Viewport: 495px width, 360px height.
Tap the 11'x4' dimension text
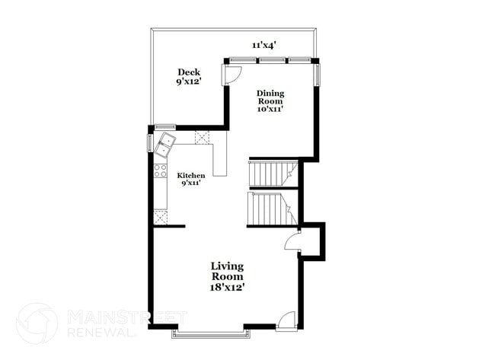[263, 45]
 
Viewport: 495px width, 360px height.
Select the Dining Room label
[270, 97]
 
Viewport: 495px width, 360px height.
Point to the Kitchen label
[192, 175]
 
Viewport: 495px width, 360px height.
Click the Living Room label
[228, 271]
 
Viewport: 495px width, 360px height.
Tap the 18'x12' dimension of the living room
[228, 288]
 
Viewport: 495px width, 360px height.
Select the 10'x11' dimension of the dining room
[270, 110]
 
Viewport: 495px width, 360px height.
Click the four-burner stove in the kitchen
[161, 170]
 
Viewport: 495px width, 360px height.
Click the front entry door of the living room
[286, 320]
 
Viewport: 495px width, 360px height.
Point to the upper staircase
[273, 174]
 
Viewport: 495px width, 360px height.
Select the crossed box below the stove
[161, 218]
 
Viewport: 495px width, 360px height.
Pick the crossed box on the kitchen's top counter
[202, 137]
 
